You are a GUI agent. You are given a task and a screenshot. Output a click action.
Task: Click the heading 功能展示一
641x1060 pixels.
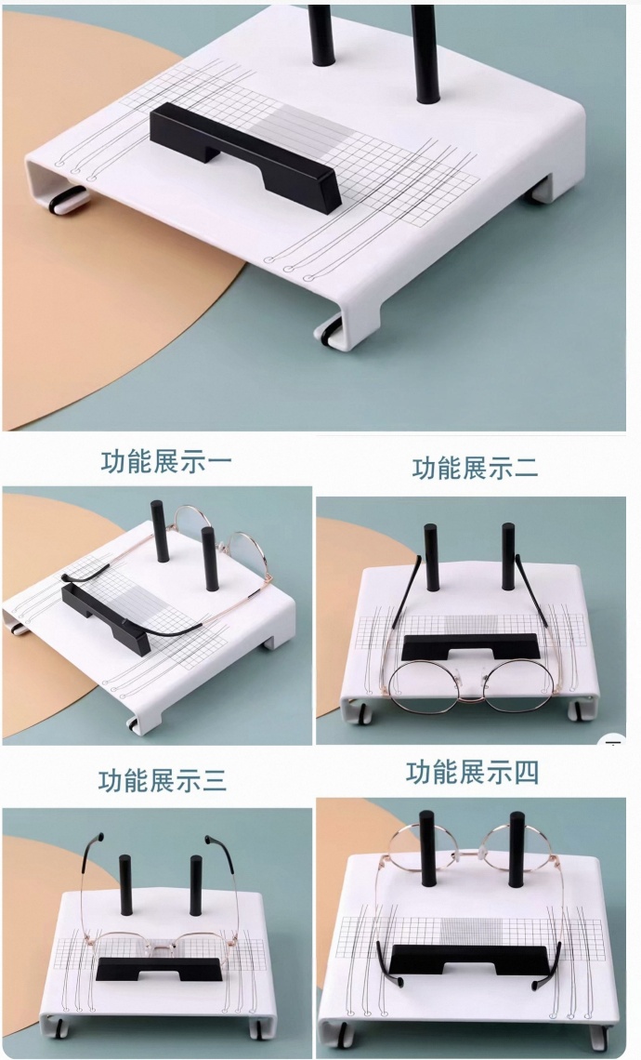coord(166,462)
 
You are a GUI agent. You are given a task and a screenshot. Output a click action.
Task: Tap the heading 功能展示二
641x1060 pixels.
coord(475,468)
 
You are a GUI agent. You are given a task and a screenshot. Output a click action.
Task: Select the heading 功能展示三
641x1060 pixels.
coord(162,780)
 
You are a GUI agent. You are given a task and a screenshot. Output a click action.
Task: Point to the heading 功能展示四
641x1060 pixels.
coord(472,772)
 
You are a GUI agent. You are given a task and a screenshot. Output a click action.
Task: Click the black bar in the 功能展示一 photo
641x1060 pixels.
coord(105,618)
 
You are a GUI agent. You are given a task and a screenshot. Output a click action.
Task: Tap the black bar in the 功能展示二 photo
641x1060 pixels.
coord(471,647)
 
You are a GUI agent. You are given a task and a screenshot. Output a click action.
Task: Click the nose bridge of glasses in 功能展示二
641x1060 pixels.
coord(471,682)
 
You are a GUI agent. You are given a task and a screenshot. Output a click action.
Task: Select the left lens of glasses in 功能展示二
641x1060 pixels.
coord(422,686)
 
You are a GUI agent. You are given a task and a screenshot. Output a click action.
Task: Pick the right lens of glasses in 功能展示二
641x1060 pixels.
coord(518,686)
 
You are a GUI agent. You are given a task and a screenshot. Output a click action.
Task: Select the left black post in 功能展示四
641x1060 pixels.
coord(427,848)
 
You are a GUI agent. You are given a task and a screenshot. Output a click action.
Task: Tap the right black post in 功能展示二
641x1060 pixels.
coord(508,556)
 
